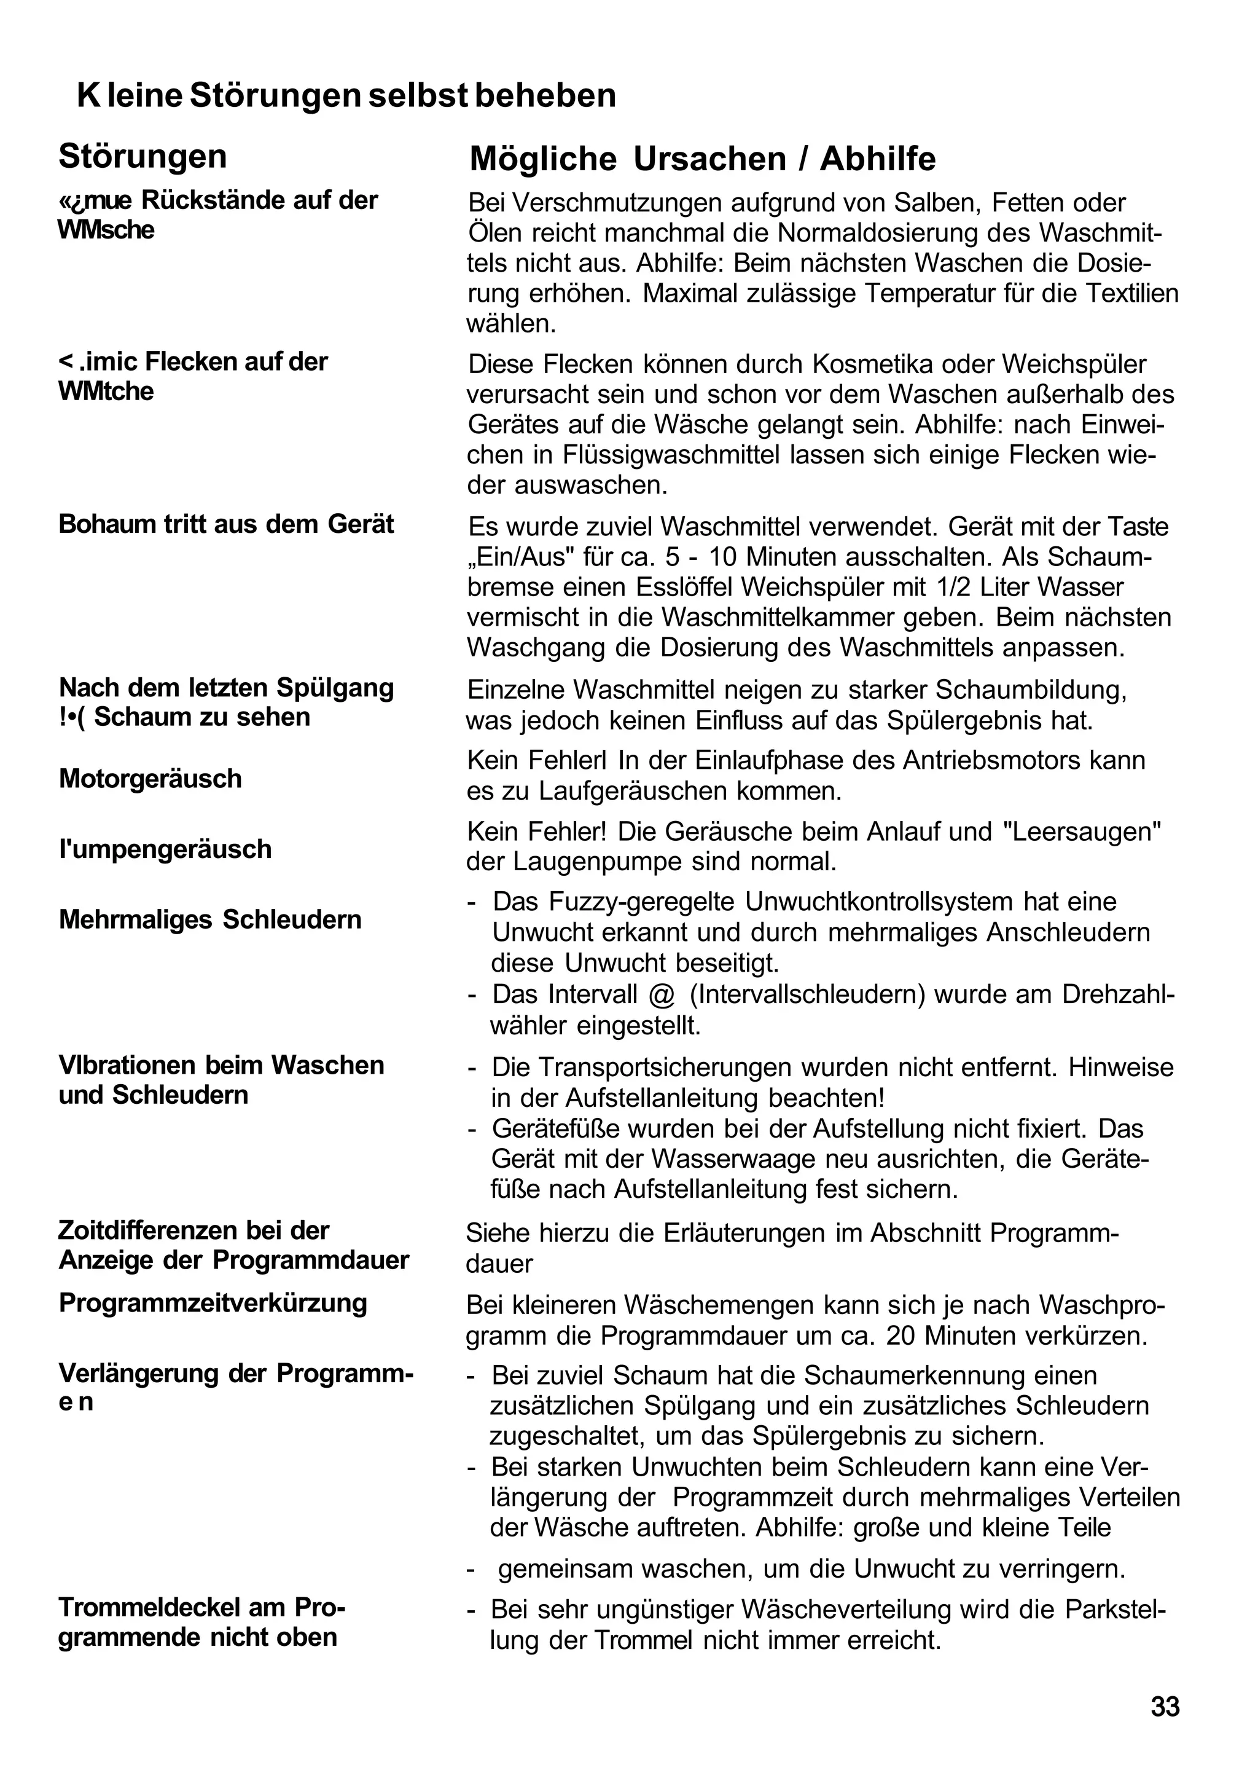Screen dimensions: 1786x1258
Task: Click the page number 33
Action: pyautogui.click(x=1165, y=1707)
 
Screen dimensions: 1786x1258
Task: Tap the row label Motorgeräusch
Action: pyautogui.click(x=150, y=779)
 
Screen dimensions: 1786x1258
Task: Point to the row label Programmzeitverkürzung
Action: pyautogui.click(x=213, y=1302)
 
